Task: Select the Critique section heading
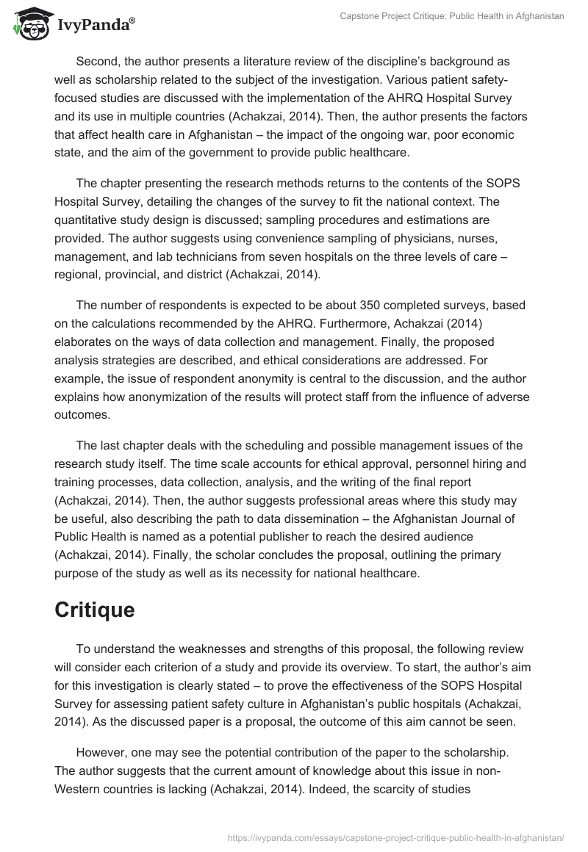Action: (94, 610)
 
